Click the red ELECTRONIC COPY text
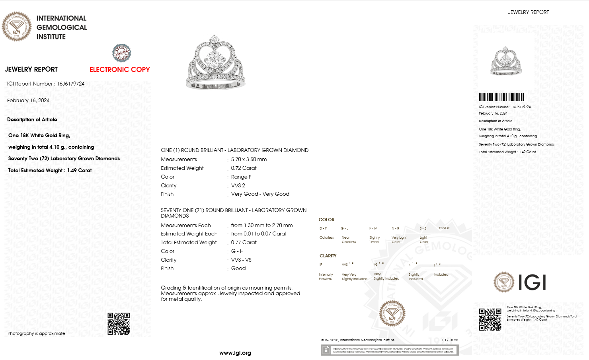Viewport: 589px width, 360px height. tap(119, 70)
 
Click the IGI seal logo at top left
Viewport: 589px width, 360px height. tap(17, 27)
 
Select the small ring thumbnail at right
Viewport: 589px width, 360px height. tap(506, 61)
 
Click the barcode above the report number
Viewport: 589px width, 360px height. tap(501, 97)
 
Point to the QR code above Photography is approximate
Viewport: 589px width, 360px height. tap(119, 323)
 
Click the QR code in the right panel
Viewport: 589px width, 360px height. tap(490, 319)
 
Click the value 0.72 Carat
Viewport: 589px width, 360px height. tap(244, 168)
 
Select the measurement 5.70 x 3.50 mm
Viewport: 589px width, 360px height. tap(249, 160)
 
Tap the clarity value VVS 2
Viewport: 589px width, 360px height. tap(238, 186)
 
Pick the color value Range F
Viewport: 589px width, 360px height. tap(241, 177)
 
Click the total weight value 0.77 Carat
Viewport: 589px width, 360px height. tap(244, 243)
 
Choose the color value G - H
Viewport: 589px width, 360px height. tap(237, 251)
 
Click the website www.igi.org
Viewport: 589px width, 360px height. tap(235, 353)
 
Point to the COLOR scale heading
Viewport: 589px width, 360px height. tap(326, 220)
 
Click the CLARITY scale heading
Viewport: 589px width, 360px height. tap(328, 256)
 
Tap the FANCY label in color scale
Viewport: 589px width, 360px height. tap(444, 228)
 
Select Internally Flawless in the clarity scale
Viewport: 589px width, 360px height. tap(326, 277)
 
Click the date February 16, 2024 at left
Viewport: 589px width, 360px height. tap(28, 101)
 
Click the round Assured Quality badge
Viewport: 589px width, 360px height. tap(121, 53)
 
